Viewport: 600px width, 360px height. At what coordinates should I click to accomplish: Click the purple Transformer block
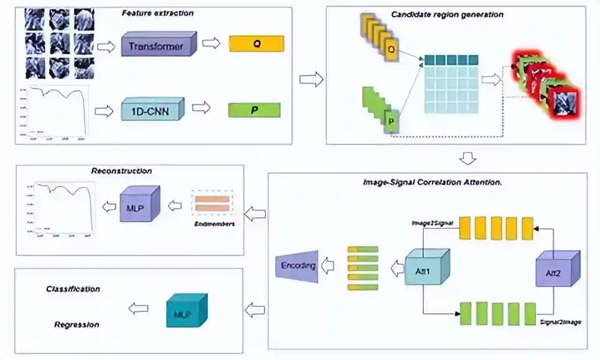tap(158, 45)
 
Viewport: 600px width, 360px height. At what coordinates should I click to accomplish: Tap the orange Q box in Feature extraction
tap(256, 44)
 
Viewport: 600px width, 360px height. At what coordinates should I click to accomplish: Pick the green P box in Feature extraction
tap(254, 110)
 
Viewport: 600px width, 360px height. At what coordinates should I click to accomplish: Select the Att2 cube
tap(557, 270)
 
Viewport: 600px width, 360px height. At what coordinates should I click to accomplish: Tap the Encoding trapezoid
tap(297, 267)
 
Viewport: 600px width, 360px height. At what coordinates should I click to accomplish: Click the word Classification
tap(73, 289)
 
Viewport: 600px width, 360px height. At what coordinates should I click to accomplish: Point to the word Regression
tap(77, 324)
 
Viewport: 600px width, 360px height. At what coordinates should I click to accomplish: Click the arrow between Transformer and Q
tap(212, 44)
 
